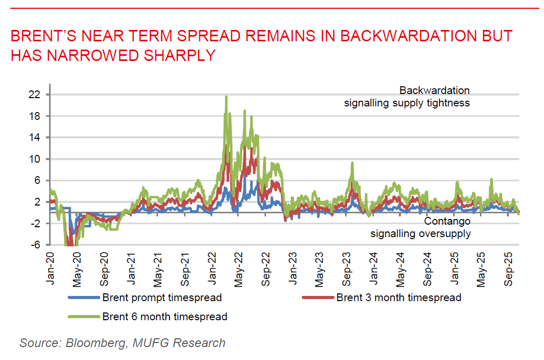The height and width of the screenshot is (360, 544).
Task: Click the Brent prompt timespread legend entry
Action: point(162,298)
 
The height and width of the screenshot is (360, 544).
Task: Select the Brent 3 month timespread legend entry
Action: point(398,298)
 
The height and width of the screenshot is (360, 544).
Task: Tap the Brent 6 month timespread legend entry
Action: point(165,316)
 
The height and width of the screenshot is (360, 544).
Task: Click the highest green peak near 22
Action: point(226,97)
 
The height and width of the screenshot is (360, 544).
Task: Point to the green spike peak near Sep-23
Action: point(352,163)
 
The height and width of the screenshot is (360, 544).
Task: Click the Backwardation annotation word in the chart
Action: point(434,91)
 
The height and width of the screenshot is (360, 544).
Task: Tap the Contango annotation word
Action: point(447,222)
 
